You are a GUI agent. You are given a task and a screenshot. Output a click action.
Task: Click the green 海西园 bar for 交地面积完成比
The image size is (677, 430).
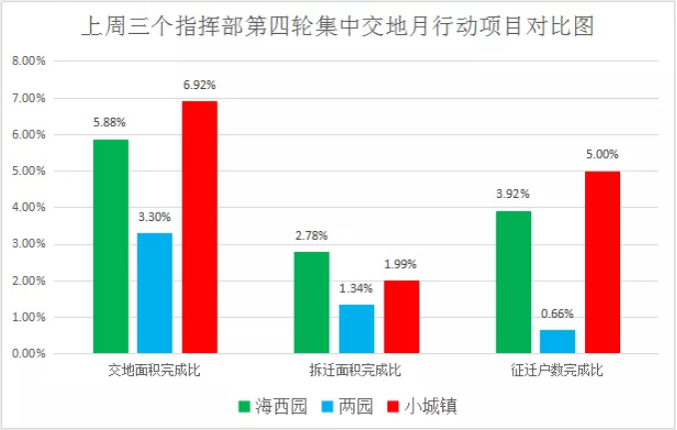click(110, 246)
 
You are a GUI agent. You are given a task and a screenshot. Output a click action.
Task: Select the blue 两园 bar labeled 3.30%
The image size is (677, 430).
click(155, 293)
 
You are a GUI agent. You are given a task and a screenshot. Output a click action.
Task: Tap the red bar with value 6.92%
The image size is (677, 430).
click(200, 227)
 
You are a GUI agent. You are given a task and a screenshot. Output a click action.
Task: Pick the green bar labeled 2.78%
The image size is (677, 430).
click(312, 303)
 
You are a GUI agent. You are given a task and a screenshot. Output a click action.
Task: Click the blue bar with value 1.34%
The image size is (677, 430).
click(356, 329)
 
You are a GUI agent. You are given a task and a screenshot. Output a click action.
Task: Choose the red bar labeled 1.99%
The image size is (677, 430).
click(400, 317)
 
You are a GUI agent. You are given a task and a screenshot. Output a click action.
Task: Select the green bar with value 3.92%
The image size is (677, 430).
click(512, 282)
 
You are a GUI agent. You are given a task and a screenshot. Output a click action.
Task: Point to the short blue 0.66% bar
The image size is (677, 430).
click(557, 342)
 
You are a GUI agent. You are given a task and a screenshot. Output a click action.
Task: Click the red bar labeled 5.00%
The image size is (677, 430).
click(601, 262)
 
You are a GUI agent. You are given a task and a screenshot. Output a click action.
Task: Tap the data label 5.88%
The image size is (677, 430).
click(110, 124)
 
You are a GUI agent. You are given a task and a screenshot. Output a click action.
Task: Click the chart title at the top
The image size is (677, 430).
click(338, 25)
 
